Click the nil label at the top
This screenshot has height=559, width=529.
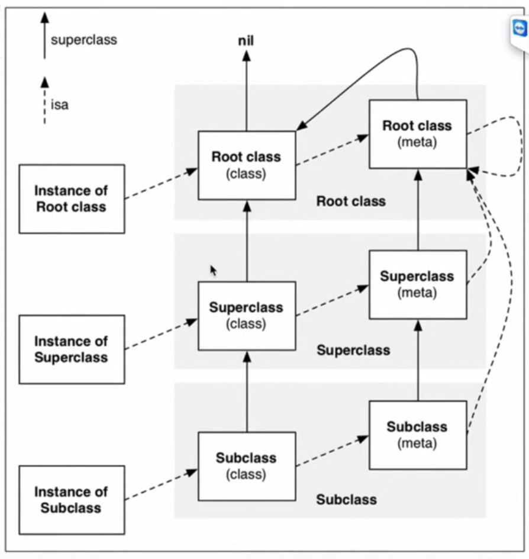coord(247,40)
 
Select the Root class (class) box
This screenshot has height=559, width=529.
coord(247,165)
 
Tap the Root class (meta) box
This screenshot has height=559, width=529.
coord(418,134)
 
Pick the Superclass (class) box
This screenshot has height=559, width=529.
coord(247,316)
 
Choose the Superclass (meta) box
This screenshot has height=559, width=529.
coord(418,284)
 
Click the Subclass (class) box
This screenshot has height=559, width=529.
coord(247,466)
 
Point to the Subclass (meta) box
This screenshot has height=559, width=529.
coord(418,435)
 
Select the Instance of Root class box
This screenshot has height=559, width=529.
coord(72,199)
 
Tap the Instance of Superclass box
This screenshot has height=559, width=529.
coord(72,349)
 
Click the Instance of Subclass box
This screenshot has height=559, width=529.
coord(72,500)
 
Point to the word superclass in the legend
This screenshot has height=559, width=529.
coord(84,40)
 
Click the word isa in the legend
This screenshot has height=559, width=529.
coord(60,105)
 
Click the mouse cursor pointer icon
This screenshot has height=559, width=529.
coord(213,271)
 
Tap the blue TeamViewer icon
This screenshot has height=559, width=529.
coord(520,30)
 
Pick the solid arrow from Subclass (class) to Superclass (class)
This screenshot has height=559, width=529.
coord(247,391)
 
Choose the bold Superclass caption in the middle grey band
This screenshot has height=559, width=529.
coord(353,350)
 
